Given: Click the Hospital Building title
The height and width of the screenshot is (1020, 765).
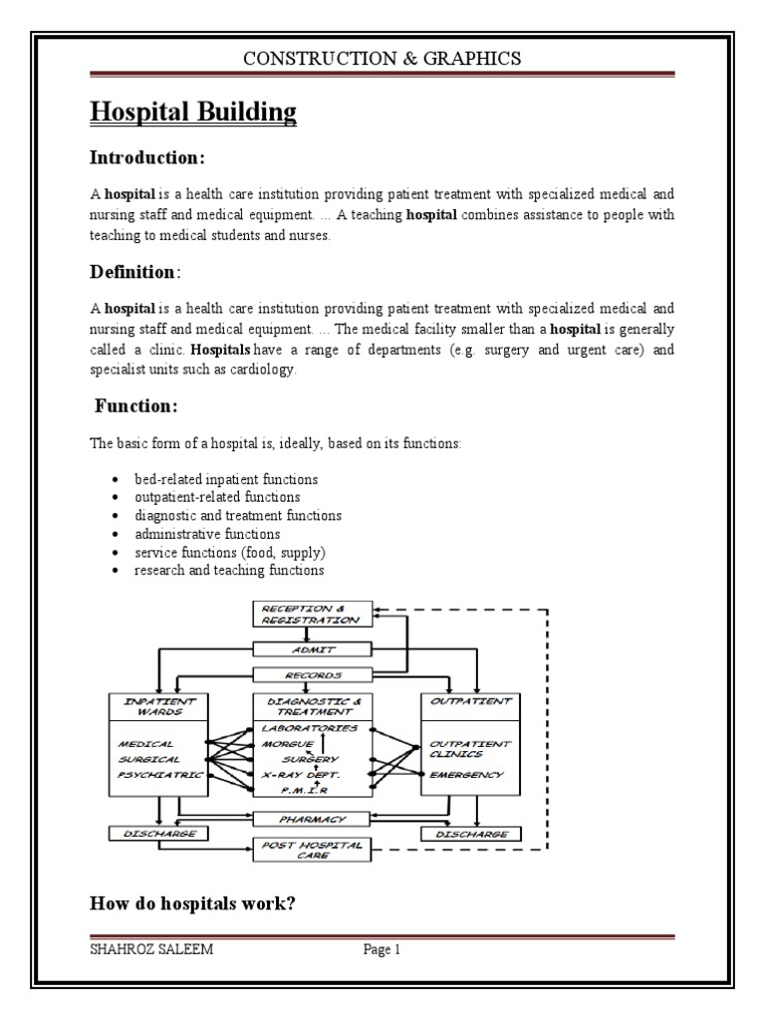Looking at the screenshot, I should pyautogui.click(x=193, y=112).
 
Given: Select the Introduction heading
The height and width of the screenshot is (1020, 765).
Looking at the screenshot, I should pyautogui.click(x=147, y=157).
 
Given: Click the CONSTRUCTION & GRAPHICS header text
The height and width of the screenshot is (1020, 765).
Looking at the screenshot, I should pyautogui.click(x=382, y=59).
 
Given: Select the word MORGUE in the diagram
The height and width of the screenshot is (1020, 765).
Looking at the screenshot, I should pyautogui.click(x=288, y=743).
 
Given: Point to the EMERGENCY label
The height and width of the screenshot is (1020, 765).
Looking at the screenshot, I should pyautogui.click(x=467, y=774).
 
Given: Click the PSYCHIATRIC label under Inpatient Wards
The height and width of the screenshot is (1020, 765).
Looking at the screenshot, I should pyautogui.click(x=158, y=774).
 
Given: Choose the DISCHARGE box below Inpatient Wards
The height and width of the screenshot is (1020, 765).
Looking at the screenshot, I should pyautogui.click(x=158, y=833).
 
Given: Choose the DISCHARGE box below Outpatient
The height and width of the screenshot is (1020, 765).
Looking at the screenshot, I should pyautogui.click(x=467, y=833).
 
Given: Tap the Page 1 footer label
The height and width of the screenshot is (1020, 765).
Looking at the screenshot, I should pyautogui.click(x=382, y=949).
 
